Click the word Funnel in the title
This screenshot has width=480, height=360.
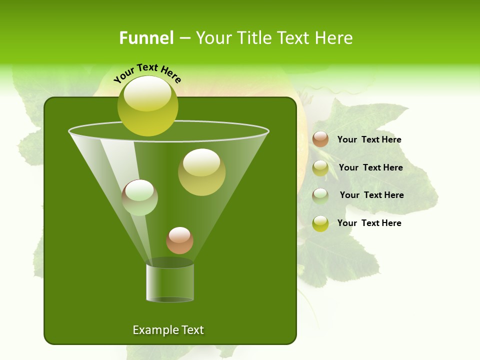(x=146, y=38)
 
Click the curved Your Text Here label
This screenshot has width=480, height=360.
(x=147, y=73)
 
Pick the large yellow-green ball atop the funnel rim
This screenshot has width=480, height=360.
(x=148, y=106)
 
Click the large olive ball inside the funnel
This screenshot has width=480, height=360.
(x=201, y=172)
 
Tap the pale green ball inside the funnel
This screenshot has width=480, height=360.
(x=139, y=197)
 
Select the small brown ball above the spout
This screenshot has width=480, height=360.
(x=179, y=240)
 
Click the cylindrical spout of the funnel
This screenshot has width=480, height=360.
(x=170, y=282)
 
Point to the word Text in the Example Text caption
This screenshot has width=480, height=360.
(x=192, y=330)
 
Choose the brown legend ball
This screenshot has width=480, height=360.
(x=320, y=139)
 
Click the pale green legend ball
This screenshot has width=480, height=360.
(x=320, y=196)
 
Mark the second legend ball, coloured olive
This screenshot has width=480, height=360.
(x=320, y=168)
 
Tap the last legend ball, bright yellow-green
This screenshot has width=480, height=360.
(x=320, y=223)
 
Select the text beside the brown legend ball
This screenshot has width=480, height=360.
(x=369, y=139)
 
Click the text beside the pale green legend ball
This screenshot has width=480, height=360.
(x=371, y=195)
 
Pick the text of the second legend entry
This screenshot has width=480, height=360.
(x=370, y=167)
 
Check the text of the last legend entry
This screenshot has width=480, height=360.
(x=369, y=223)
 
